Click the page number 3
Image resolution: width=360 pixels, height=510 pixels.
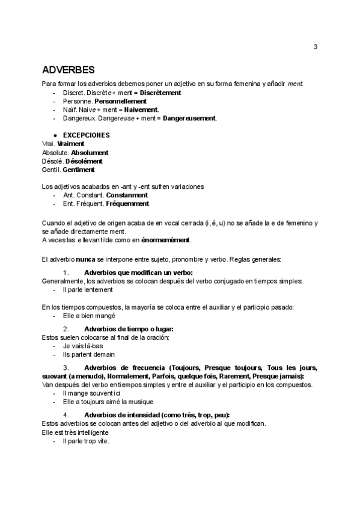316,48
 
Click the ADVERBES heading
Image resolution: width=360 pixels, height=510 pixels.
68,70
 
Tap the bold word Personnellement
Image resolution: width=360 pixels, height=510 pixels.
121,102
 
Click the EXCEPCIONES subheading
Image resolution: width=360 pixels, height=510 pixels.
87,135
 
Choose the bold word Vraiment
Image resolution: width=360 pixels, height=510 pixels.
71,144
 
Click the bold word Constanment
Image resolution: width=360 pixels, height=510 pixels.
127,195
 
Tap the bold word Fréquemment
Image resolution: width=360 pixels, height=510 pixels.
127,204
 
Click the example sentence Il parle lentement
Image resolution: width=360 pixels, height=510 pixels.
88,289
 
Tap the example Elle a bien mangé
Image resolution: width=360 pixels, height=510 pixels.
89,315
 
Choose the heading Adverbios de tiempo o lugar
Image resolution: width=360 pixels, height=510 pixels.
129,329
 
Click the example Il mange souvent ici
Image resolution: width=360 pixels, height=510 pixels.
91,393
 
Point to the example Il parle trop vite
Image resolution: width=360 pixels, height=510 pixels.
86,441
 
